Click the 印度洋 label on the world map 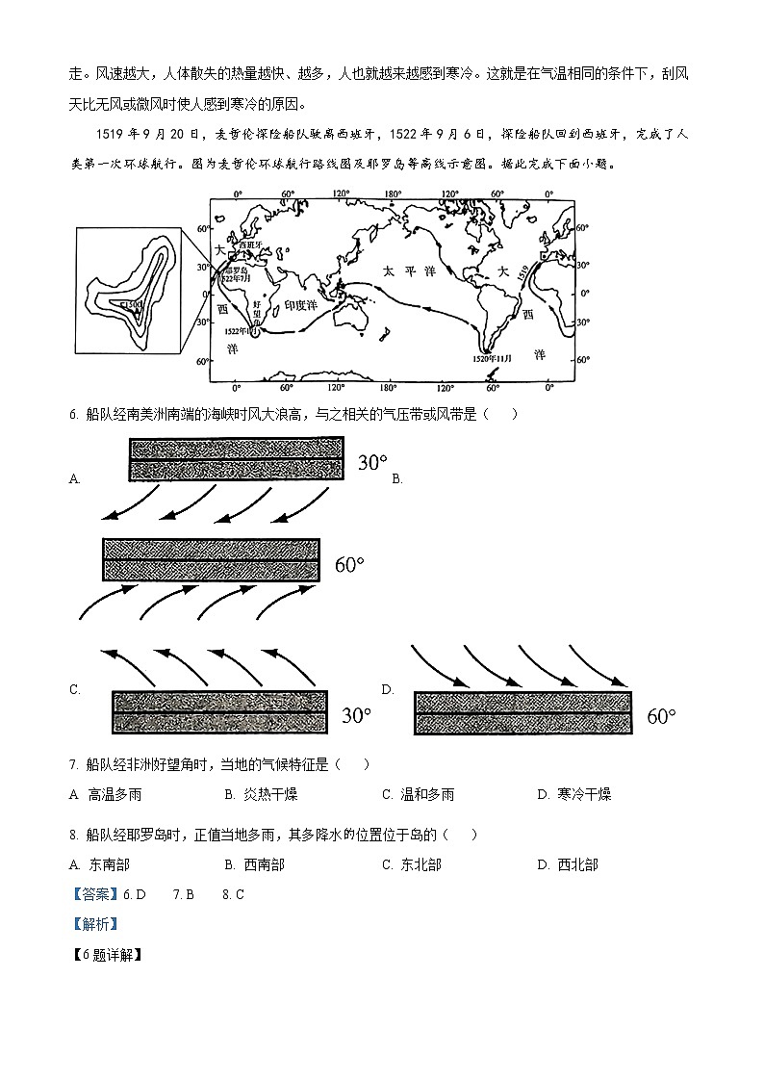300,304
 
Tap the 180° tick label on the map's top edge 391,195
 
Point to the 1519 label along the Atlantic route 523,272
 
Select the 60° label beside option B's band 349,564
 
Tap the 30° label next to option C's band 356,715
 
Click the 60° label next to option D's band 661,716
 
